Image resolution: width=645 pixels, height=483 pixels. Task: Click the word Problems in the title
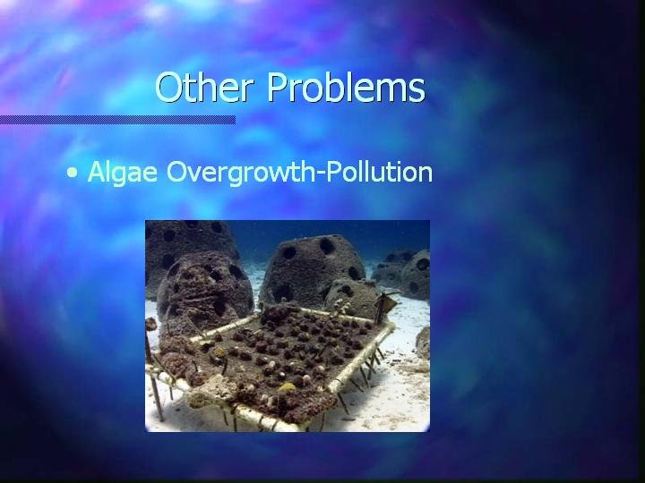347,87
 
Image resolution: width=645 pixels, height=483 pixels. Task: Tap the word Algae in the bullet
123,172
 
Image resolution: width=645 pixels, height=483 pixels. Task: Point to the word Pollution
379,171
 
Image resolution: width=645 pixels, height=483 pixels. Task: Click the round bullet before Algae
73,173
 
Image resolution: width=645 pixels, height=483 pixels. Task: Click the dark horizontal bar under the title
117,120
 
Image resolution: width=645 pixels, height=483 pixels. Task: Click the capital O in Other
168,88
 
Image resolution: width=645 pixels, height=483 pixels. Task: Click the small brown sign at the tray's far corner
384,307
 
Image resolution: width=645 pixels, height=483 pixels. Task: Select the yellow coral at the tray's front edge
288,387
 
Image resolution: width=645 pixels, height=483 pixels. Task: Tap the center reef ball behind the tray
314,269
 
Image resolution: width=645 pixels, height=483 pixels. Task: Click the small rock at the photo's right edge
423,343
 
